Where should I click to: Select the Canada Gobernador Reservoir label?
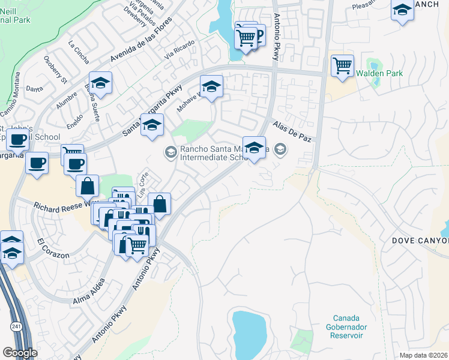[348, 326]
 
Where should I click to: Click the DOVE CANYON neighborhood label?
[420, 241]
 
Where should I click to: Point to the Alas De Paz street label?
[292, 131]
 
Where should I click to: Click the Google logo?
[20, 352]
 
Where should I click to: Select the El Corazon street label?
[53, 250]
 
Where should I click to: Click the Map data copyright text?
[423, 355]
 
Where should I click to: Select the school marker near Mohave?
[211, 87]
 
